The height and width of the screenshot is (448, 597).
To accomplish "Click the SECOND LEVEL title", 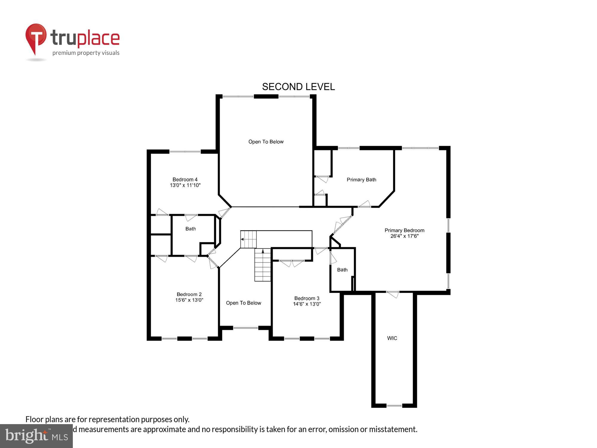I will tap(298, 87).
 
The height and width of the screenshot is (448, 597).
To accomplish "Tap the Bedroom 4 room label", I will tap(185, 179).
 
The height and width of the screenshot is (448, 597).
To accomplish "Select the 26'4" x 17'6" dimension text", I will tap(404, 236).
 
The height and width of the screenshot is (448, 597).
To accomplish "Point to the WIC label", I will tap(392, 338).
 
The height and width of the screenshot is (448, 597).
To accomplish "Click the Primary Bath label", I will tap(361, 179).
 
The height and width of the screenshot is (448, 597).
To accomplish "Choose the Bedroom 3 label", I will tap(307, 298).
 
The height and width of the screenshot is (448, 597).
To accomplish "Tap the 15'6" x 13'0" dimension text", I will tap(189, 300).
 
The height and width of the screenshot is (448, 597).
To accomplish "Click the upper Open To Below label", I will tap(266, 142).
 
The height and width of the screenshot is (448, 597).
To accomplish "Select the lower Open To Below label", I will tap(243, 303).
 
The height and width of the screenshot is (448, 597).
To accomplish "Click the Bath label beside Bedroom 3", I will tap(342, 270).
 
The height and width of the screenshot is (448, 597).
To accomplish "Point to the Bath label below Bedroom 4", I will tap(190, 229).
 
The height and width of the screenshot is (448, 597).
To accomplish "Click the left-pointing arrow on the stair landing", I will tap(242, 239).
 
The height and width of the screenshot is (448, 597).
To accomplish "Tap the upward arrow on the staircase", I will tap(263, 251).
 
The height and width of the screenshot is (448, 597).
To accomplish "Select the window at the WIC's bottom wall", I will tap(394, 406).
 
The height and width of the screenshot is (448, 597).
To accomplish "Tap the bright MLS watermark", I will tap(36, 436).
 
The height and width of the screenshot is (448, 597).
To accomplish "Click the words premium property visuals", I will tap(86, 53).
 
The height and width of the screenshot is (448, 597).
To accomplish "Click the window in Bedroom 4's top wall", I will tap(185, 152).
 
